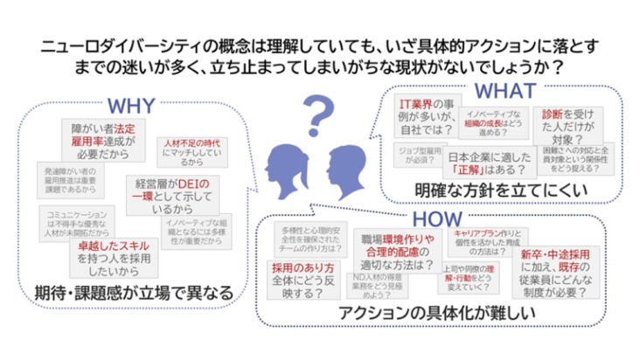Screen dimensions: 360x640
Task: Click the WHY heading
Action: click(x=130, y=107)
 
